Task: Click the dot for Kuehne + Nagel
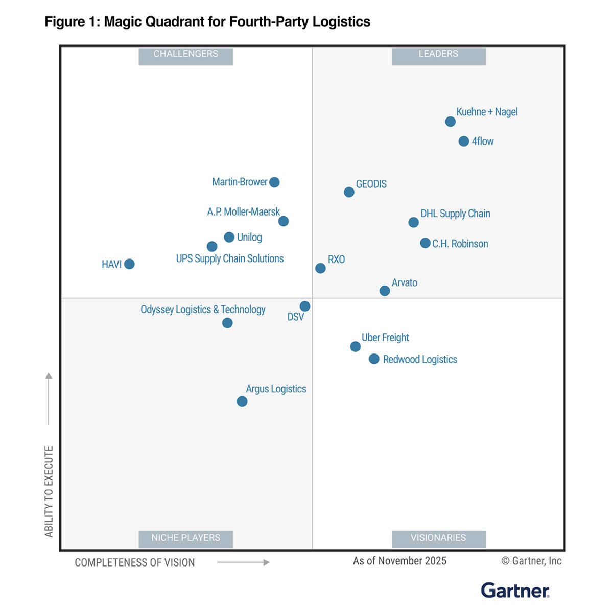point(450,122)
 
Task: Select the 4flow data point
point(463,142)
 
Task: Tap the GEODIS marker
point(349,192)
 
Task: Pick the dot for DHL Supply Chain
point(413,222)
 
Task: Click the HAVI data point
point(129,264)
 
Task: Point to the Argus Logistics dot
point(242,402)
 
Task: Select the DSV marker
point(304,306)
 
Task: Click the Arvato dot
point(385,291)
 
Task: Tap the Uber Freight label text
point(385,338)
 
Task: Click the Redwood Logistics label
point(420,360)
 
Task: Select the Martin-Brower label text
point(240,182)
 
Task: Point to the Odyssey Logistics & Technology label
point(203,310)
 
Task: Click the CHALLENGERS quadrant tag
point(185,54)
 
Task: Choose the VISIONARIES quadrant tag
point(438,538)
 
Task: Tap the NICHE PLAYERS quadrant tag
point(185,538)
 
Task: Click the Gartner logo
point(515,591)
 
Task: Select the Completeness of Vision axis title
point(135,562)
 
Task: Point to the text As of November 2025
point(399,561)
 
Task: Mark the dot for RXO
point(320,268)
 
